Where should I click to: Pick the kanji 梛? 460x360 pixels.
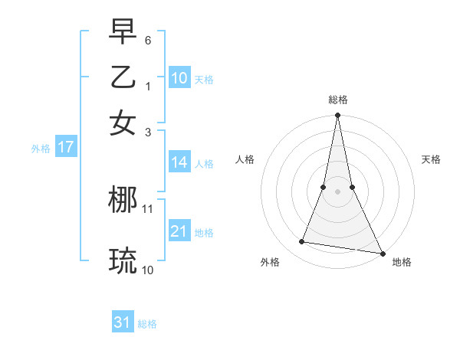click(123, 200)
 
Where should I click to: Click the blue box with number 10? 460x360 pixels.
click(179, 78)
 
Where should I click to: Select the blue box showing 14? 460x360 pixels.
click(179, 162)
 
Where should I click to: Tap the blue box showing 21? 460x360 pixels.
click(179, 231)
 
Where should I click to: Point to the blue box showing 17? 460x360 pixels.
click(65, 148)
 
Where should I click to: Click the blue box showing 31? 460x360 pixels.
click(123, 322)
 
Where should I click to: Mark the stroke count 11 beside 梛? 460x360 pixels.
click(148, 208)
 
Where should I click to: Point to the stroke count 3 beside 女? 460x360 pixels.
click(148, 131)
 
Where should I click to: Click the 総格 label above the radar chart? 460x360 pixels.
click(337, 100)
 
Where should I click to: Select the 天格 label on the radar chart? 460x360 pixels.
click(431, 159)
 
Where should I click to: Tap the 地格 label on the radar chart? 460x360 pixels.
click(402, 262)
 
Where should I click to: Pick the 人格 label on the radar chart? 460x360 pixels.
click(245, 159)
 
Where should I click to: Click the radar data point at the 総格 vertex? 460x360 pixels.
click(337, 116)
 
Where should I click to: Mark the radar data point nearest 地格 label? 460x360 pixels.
click(382, 253)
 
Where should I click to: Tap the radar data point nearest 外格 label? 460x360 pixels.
click(302, 242)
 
